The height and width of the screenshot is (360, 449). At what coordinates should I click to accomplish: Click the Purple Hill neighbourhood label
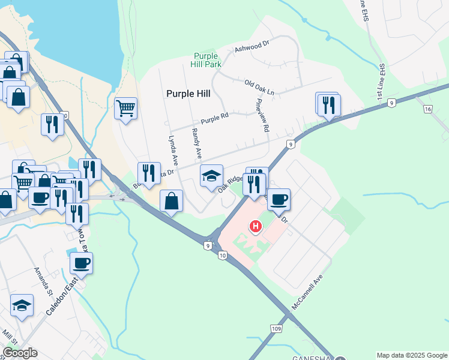tap(188, 94)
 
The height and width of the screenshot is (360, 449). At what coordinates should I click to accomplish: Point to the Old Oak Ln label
tap(259, 88)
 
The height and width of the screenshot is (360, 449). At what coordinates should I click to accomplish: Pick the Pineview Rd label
tap(262, 115)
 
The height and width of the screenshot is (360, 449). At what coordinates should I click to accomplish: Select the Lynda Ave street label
tap(173, 151)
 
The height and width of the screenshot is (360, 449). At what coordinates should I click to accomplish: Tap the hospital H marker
tap(256, 226)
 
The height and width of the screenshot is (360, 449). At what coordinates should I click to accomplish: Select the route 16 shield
tap(427, 109)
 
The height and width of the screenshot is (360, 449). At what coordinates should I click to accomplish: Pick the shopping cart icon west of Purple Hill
tap(125, 109)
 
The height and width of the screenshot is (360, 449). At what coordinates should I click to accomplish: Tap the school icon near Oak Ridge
tap(211, 176)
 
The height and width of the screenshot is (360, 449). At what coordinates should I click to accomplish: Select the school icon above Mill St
tap(22, 305)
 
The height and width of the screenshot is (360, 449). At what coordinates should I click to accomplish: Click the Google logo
tap(20, 353)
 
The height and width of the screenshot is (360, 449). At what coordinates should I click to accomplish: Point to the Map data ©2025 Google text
tap(411, 355)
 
